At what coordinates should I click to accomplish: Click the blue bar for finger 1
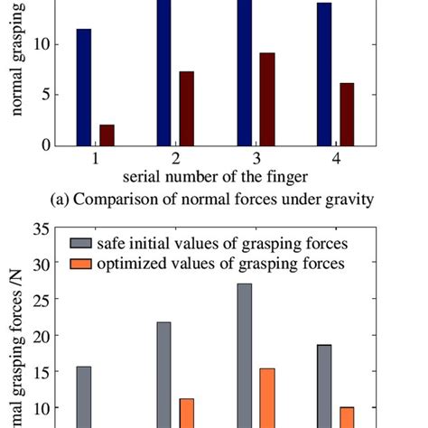(x=84, y=87)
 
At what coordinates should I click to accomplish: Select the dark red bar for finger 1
(x=107, y=135)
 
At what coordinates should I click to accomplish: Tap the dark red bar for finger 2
(x=187, y=108)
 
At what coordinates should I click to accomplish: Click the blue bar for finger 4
(x=324, y=73)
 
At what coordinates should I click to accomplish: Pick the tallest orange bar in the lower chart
(x=267, y=397)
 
